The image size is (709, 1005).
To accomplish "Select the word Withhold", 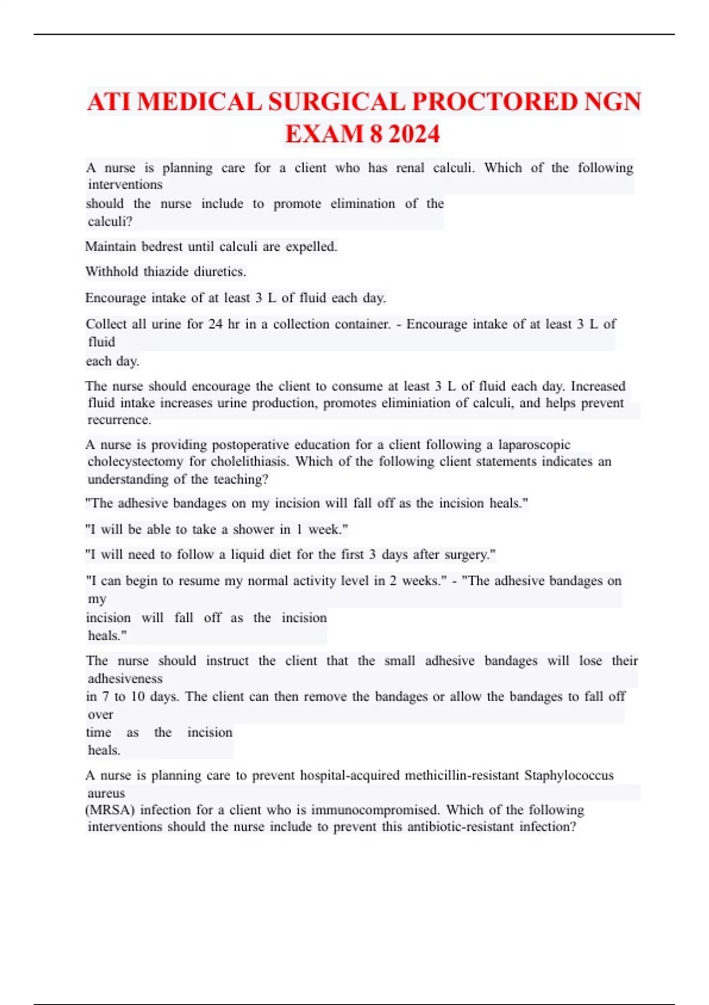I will (x=112, y=272).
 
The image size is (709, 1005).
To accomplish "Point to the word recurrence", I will (x=119, y=420).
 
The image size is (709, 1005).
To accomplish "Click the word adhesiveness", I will (x=125, y=679).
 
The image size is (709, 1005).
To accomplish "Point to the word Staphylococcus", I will (x=569, y=775).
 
